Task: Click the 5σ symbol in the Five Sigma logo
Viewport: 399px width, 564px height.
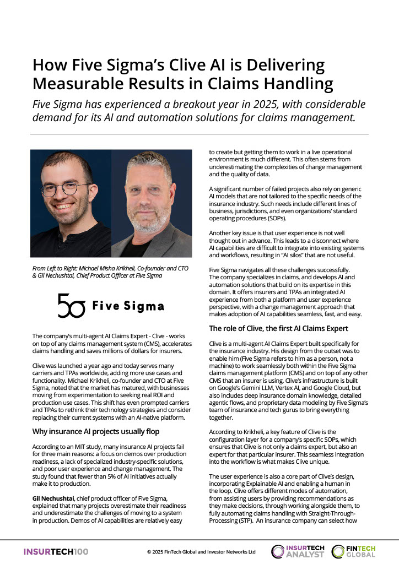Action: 72,306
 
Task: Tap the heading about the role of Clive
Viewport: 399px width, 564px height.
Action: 278,329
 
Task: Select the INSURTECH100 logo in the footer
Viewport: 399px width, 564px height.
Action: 55,551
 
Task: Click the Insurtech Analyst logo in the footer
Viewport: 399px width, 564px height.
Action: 298,551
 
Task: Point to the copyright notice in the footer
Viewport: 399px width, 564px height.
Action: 201,551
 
